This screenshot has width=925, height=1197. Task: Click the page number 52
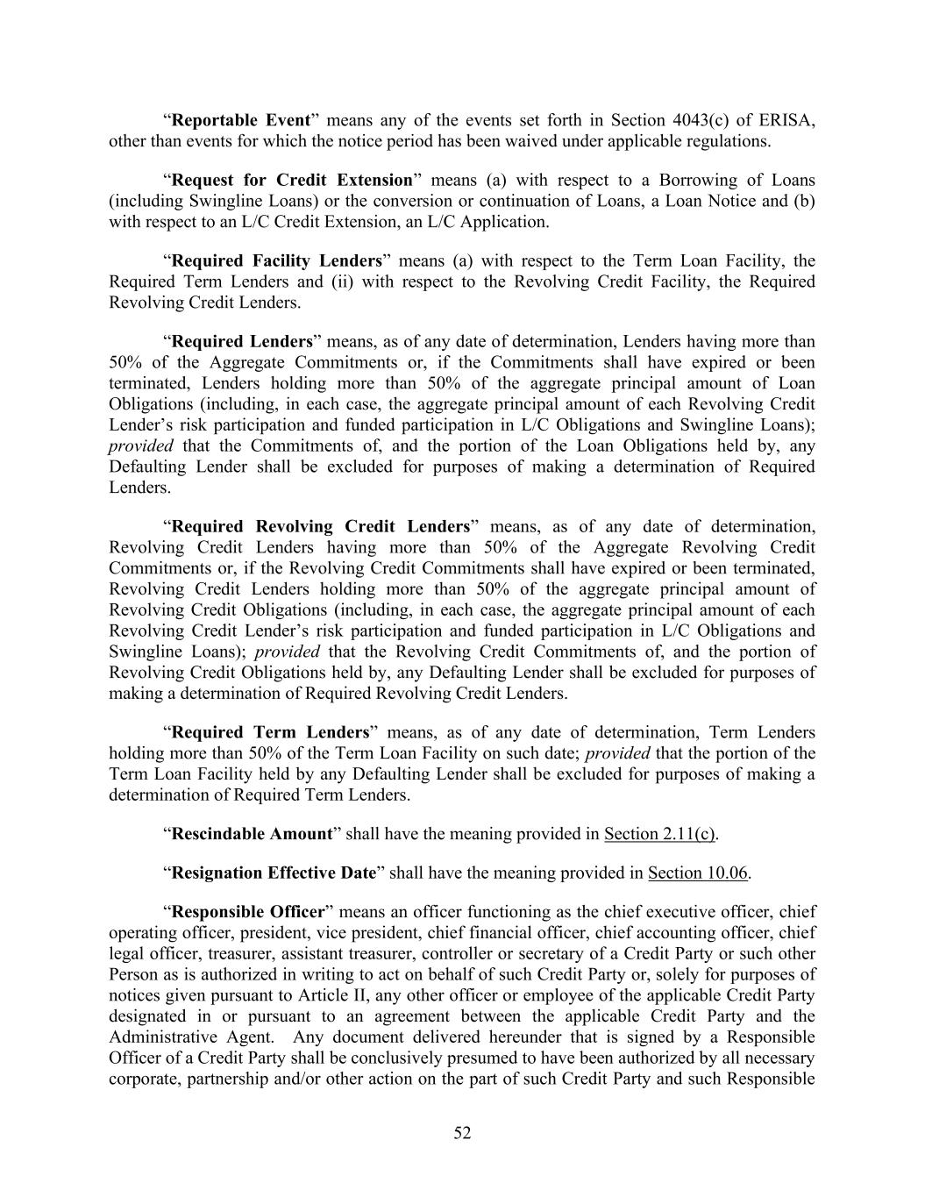click(x=462, y=1133)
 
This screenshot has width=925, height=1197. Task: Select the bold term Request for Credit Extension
click(x=292, y=180)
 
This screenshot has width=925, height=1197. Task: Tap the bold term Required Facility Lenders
click(x=276, y=260)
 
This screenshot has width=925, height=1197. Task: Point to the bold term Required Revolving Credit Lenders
click(x=320, y=526)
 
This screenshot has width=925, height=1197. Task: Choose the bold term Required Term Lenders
click(x=270, y=732)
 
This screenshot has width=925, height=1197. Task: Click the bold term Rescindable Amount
click(x=252, y=833)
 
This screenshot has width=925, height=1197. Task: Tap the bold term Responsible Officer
click(x=248, y=912)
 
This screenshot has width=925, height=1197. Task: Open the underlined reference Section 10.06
click(x=698, y=873)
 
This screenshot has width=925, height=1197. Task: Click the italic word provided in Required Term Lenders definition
click(x=617, y=753)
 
